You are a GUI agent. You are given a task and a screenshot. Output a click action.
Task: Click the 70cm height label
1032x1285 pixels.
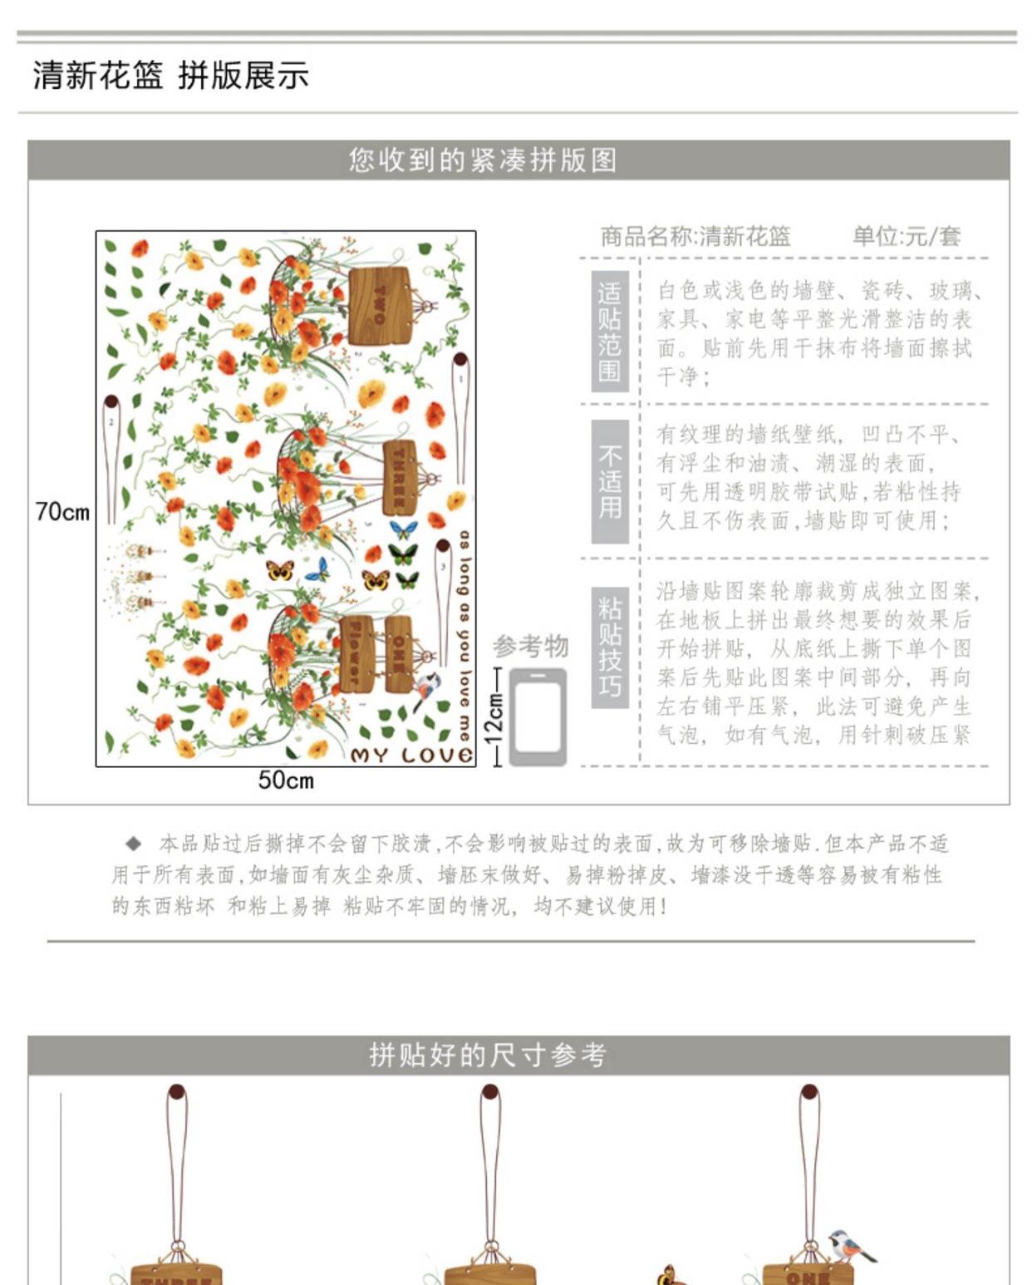(62, 511)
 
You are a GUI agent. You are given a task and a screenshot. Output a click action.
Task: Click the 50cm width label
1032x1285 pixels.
(286, 780)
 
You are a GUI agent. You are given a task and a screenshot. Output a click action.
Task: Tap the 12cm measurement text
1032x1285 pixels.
(495, 716)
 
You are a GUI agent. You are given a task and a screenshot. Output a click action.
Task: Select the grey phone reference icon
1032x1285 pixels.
(538, 716)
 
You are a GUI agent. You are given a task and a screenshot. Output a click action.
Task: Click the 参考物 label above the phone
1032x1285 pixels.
(530, 646)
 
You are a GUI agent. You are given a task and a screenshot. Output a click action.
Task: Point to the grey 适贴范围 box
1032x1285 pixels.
(609, 331)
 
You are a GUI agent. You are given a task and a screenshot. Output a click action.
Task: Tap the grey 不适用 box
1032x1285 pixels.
(609, 481)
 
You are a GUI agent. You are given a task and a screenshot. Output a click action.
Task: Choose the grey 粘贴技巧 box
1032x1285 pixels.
(609, 647)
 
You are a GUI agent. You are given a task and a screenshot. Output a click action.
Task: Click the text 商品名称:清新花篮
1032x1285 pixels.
(695, 237)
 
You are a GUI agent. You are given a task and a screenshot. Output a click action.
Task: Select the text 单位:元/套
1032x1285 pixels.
(907, 237)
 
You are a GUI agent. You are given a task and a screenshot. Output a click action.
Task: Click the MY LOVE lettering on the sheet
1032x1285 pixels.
(412, 755)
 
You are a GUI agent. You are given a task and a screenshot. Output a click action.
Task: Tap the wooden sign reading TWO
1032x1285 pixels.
(380, 306)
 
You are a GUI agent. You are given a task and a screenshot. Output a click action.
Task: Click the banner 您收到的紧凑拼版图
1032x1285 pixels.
(483, 160)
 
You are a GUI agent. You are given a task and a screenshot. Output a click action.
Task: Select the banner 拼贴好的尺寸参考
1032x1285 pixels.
(488, 1055)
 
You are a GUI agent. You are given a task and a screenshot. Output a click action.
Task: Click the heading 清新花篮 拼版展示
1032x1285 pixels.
(171, 76)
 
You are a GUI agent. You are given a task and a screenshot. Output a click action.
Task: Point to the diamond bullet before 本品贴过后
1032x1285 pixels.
(133, 844)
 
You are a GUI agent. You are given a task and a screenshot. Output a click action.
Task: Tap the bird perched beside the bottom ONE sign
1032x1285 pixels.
(850, 1246)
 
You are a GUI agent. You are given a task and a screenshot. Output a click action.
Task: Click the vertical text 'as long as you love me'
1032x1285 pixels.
(464, 636)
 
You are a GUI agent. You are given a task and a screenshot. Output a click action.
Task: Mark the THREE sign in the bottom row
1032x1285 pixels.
(176, 1275)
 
